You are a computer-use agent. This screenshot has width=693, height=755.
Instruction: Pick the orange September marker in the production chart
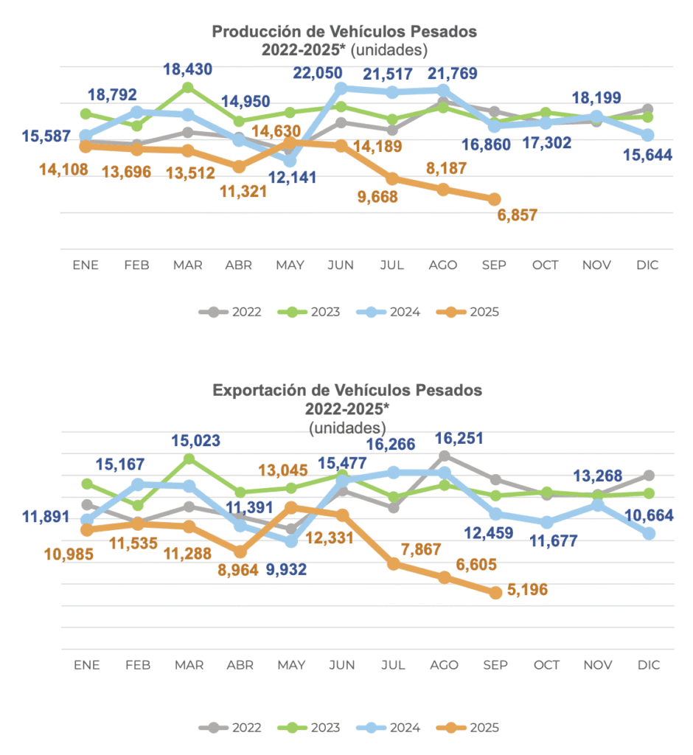[494, 199]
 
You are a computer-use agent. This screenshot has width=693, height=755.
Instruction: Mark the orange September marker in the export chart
[494, 591]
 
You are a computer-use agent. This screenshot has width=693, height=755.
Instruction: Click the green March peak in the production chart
[188, 88]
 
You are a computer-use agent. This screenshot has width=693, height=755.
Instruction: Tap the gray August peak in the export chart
[445, 456]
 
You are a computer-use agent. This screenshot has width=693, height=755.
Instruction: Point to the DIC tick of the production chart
[647, 265]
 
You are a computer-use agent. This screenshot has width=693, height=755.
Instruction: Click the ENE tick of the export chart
[87, 665]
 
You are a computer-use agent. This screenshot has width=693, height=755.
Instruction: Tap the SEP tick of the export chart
[494, 665]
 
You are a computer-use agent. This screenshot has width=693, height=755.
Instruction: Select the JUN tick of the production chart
[341, 265]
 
